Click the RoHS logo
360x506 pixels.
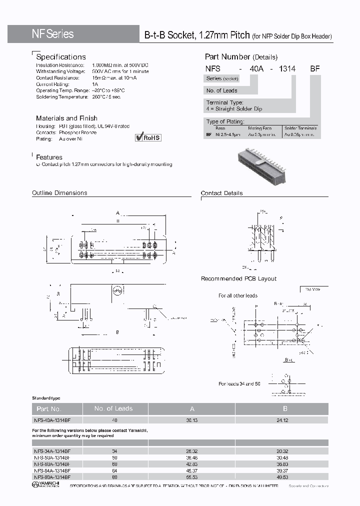coord(148,137)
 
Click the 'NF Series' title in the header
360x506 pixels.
coord(52,34)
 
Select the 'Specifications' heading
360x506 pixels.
coord(61,57)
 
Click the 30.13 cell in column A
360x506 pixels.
coord(192,420)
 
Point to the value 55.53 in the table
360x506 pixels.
coord(192,476)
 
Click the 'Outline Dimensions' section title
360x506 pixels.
coord(59,193)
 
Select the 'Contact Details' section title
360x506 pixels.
coord(221,193)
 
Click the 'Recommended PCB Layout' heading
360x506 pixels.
coord(238,278)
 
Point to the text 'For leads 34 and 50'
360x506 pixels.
coord(239,383)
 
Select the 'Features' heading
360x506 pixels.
coord(49,157)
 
